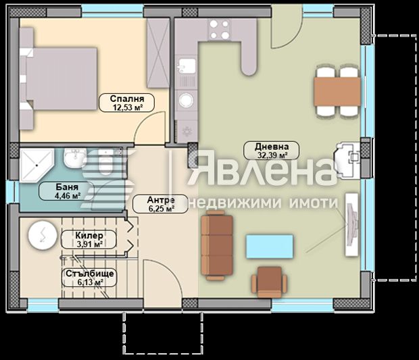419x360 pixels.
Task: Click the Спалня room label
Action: (127, 98)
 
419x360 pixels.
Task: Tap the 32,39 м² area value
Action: (272, 155)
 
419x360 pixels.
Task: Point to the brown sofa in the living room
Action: (218, 243)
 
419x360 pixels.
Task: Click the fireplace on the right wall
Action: (350, 159)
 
